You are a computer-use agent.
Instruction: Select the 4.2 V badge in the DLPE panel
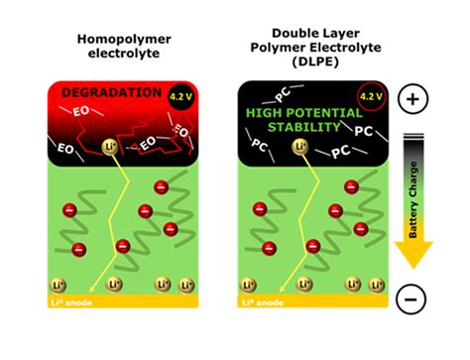(369, 98)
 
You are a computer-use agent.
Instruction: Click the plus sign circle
(412, 99)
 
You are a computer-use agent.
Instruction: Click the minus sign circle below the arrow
(412, 298)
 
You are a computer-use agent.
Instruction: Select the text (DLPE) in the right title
(312, 60)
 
